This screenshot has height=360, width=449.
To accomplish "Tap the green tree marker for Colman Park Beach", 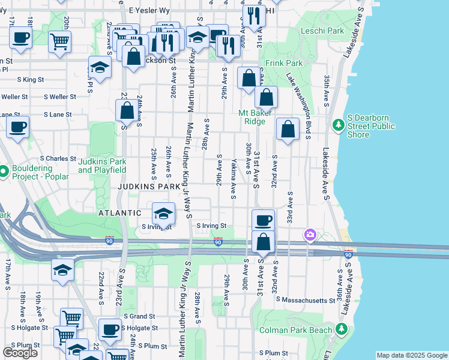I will (x=342, y=329).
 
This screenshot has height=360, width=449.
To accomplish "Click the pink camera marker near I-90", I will (x=310, y=235).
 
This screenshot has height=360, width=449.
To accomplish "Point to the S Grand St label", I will (x=139, y=316).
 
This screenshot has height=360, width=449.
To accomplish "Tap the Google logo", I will (x=20, y=352).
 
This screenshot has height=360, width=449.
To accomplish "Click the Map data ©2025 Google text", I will (x=412, y=355).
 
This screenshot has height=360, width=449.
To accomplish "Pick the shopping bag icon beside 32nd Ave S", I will (x=288, y=129).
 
